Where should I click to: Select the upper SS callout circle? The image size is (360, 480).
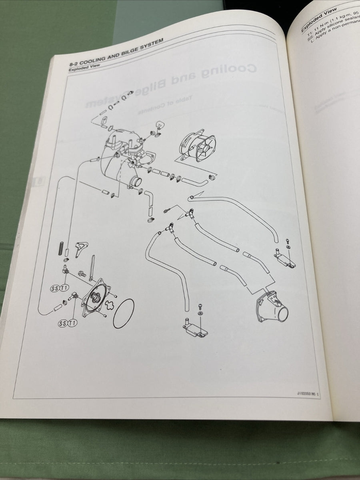pos(55,288)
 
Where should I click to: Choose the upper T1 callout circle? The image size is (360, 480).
pos(64,287)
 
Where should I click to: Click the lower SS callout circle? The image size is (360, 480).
pos(62,323)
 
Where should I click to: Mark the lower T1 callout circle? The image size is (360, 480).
pos(72,323)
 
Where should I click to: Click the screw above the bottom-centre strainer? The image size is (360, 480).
pos(200,306)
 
